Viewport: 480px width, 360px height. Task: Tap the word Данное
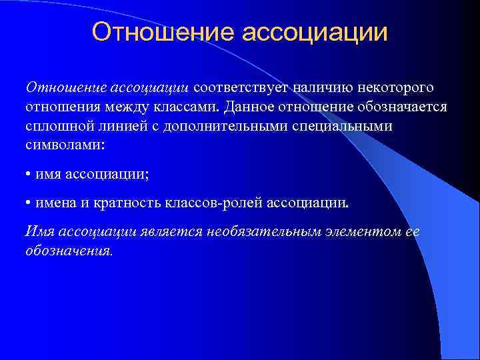[247, 107]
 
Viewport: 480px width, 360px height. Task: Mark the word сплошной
[58, 126]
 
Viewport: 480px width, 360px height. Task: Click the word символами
[59, 145]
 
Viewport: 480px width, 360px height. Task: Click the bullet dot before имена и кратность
[28, 203]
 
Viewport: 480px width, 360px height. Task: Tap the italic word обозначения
[69, 251]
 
